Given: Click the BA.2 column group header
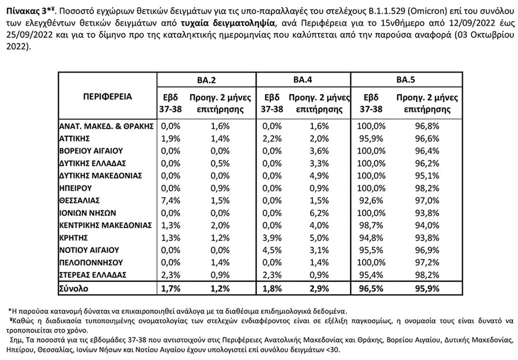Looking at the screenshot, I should point(206,80).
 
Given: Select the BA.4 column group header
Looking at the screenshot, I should point(303,80).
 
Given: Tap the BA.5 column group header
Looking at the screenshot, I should point(405,80).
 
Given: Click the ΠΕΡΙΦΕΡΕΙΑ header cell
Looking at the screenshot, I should point(107,97).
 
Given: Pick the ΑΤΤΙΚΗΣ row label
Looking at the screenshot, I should point(74,139).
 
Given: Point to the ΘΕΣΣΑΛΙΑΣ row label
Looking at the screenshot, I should point(79,200).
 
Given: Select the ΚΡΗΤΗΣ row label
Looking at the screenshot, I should point(74,237).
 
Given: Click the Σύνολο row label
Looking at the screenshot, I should point(74,288).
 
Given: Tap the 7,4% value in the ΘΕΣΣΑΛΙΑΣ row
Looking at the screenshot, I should point(171,200).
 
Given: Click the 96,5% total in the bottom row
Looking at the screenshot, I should point(371,288).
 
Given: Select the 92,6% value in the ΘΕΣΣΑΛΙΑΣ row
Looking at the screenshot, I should point(371,200).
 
